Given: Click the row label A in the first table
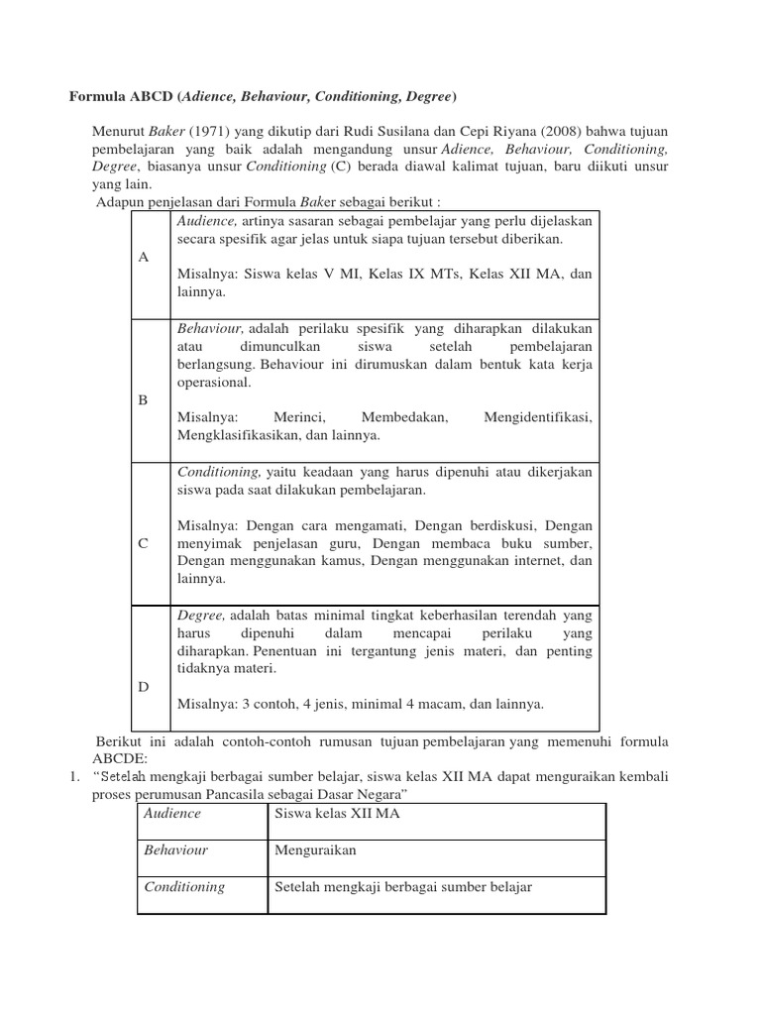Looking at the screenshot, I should pyautogui.click(x=144, y=257).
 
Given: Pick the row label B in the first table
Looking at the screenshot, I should pyautogui.click(x=143, y=399).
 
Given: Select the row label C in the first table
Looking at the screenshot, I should pyautogui.click(x=144, y=543).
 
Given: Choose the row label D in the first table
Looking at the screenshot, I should pyautogui.click(x=144, y=686).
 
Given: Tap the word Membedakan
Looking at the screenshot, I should pyautogui.click(x=405, y=417).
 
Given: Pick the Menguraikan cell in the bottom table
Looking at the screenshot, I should pyautogui.click(x=315, y=850).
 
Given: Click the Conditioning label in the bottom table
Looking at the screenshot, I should pyautogui.click(x=184, y=887).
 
